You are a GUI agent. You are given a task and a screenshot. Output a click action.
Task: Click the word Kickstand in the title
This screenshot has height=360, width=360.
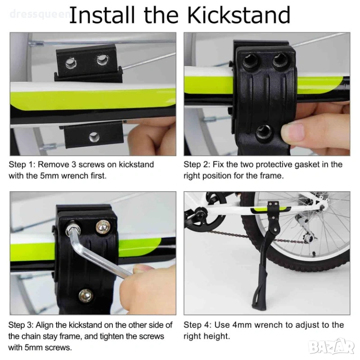[x=239, y=15]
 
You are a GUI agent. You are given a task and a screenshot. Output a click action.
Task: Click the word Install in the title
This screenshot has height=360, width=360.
[x=102, y=15]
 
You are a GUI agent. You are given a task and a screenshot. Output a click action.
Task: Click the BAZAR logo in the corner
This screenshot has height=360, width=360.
[x=331, y=347]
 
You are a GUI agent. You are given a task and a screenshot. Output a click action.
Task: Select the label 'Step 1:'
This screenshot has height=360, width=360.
[x=22, y=165]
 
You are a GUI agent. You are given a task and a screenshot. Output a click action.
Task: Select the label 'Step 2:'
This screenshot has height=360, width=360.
[x=197, y=165]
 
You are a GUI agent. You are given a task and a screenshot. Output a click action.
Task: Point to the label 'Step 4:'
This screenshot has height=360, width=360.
[x=197, y=325]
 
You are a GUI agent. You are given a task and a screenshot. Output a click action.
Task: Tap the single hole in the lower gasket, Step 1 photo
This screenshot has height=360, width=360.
[x=94, y=137]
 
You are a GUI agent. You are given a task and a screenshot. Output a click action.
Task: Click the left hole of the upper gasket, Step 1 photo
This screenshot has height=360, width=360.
[x=70, y=63]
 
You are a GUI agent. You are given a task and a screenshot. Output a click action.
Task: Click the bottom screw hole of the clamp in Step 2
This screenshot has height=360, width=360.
[x=263, y=132]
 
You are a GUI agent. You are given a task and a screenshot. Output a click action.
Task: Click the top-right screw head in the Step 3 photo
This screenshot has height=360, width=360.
[x=103, y=227]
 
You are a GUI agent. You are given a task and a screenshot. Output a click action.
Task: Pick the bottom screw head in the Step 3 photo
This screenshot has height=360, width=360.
[x=86, y=296]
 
